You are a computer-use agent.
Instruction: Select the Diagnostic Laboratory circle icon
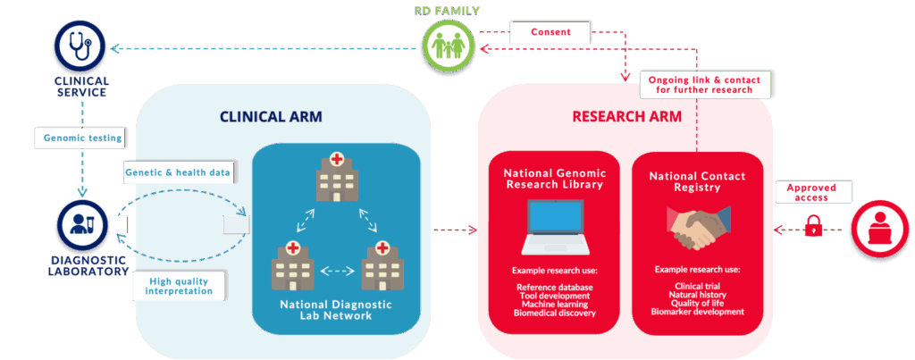pos(80,225)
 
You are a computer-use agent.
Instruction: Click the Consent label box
pos(550,33)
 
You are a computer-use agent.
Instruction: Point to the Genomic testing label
pos(83,138)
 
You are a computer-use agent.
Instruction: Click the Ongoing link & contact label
pos(706,86)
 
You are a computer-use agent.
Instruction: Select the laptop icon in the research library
pos(554,227)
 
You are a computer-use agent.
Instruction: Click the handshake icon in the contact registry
pos(698,227)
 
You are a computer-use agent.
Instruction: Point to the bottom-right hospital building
pos(382,264)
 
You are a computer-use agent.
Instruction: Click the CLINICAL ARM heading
pos(271,116)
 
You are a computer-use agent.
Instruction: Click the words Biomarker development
pos(697,312)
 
